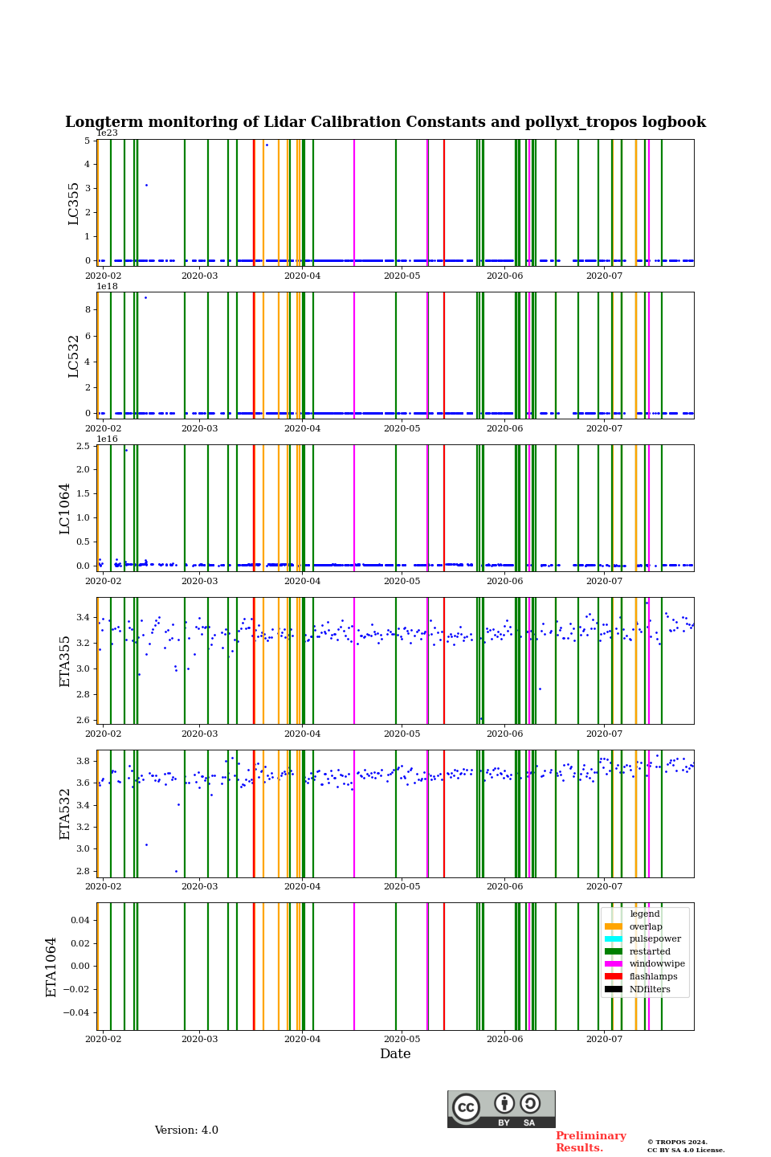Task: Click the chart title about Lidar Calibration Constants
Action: click(x=385, y=122)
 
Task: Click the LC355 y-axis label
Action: click(x=74, y=203)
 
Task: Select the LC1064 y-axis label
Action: click(x=65, y=508)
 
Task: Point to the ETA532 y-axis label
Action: click(x=65, y=813)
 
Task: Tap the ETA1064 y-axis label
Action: click(x=51, y=967)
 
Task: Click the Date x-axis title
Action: click(x=395, y=1054)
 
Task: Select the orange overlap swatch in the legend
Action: click(x=614, y=926)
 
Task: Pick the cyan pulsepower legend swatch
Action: click(x=614, y=939)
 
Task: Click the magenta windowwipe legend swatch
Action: click(x=614, y=964)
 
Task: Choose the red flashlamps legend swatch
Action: click(x=614, y=977)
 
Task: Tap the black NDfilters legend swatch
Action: click(x=614, y=989)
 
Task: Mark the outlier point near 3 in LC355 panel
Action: click(x=146, y=185)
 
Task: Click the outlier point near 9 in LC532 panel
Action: click(x=145, y=297)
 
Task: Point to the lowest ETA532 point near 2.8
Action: click(x=176, y=871)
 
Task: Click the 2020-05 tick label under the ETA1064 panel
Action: click(x=402, y=1039)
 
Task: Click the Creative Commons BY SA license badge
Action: click(x=501, y=1109)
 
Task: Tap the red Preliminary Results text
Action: click(x=590, y=1142)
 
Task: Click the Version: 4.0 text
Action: click(x=186, y=1130)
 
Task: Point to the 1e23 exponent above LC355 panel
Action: click(x=107, y=133)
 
